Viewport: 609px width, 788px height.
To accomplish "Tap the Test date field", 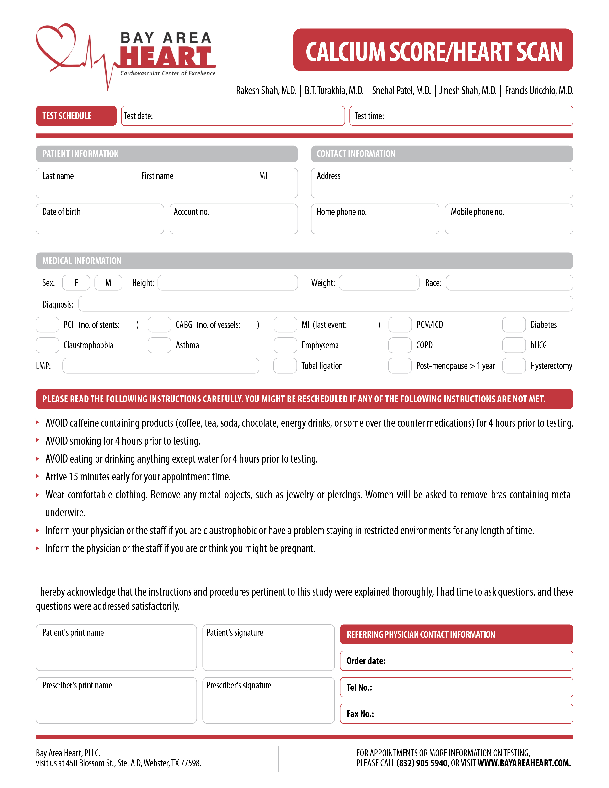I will [x=233, y=116].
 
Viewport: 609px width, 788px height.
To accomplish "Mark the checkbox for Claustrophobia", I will [x=47, y=345].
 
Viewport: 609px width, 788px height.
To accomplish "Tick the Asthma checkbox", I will [x=159, y=345].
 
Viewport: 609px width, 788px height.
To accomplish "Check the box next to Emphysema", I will [x=285, y=345].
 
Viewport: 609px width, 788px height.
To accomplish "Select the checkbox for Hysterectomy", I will [x=514, y=366].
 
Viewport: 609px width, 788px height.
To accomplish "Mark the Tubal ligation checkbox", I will [x=285, y=366].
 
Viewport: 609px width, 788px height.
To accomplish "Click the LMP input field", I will [x=160, y=366].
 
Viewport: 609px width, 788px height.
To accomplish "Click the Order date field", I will [x=456, y=661].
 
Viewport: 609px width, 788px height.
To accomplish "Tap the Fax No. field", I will [x=456, y=714].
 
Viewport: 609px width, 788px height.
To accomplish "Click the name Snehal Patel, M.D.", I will [x=401, y=91].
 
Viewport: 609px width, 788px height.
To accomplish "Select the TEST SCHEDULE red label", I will [x=76, y=116].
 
